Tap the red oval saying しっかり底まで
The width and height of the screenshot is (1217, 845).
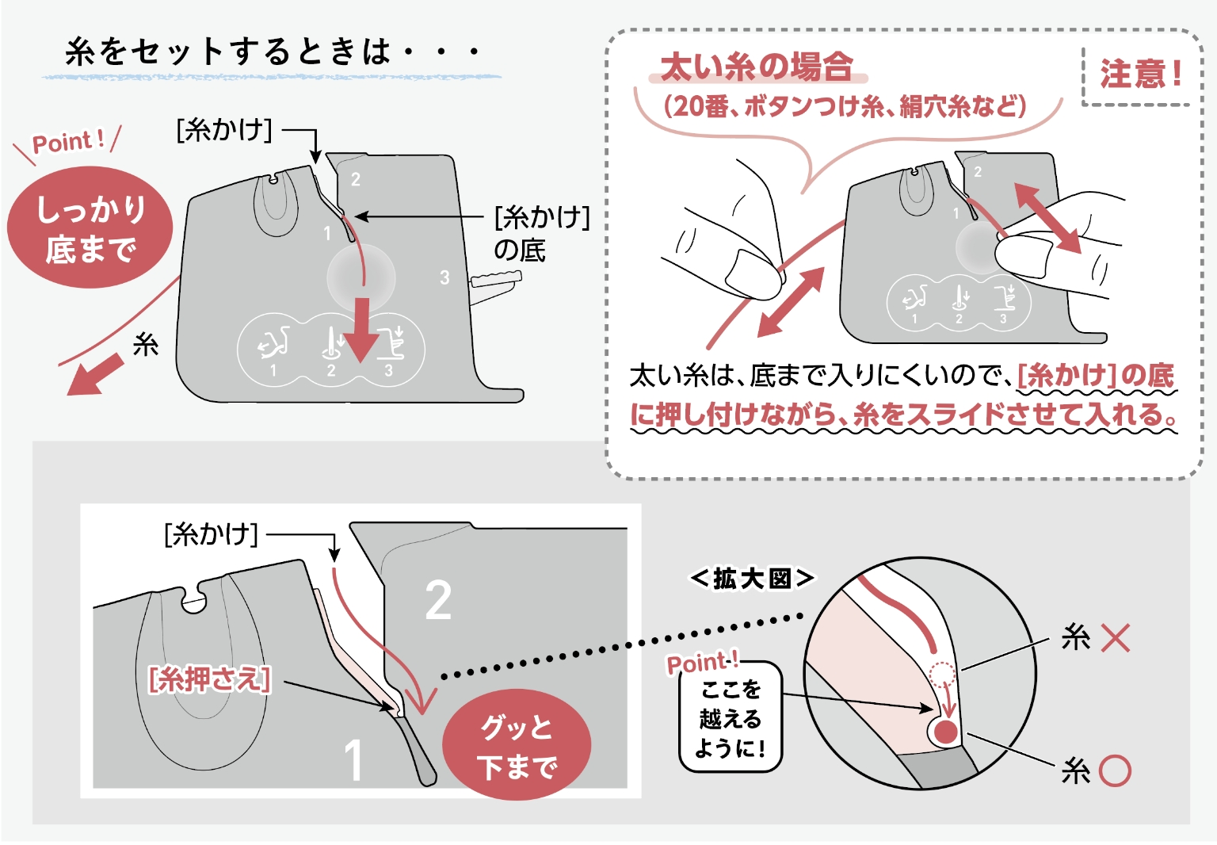click(90, 228)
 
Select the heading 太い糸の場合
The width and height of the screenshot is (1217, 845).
click(756, 67)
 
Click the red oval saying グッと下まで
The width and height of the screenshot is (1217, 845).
click(516, 746)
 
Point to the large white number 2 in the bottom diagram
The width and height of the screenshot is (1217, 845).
click(438, 600)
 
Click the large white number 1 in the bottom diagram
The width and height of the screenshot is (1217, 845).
click(353, 759)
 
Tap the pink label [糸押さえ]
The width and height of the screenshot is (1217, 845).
click(209, 679)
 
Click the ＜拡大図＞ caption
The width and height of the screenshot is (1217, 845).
click(751, 579)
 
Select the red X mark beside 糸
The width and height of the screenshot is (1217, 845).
click(1115, 637)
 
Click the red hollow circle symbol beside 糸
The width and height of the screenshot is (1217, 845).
click(1115, 770)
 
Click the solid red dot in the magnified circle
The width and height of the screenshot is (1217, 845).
click(945, 732)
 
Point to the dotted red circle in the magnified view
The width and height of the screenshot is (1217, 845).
click(941, 675)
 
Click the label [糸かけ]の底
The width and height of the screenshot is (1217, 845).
click(541, 233)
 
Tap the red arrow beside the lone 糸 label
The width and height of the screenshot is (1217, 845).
click(95, 375)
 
